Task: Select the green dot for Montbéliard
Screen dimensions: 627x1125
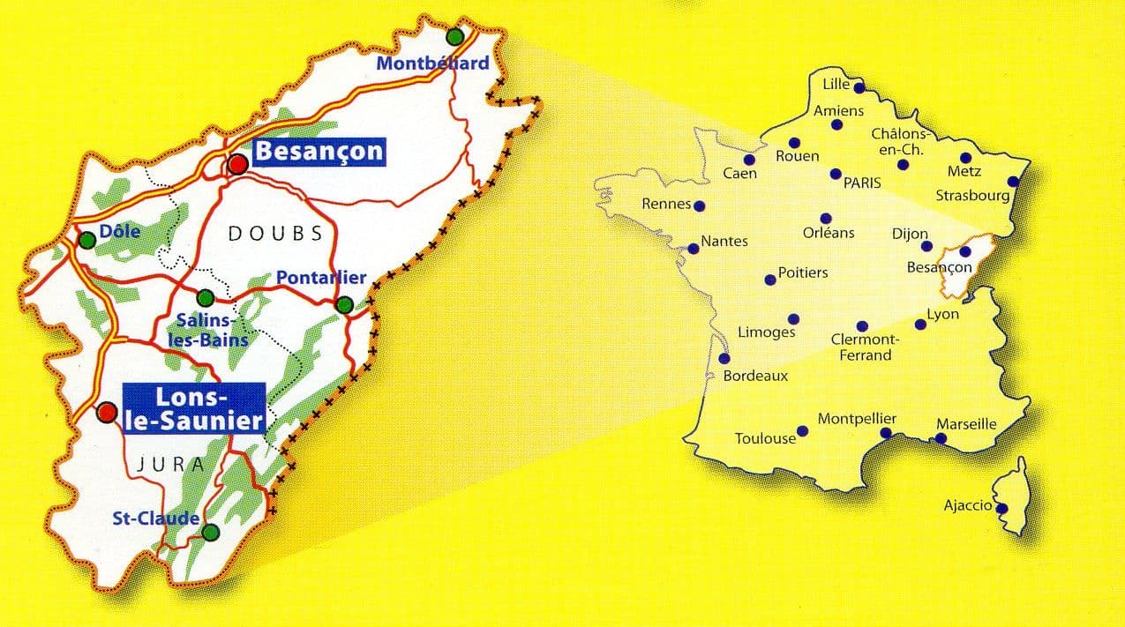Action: tap(454, 36)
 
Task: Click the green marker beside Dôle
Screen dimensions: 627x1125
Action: tap(86, 240)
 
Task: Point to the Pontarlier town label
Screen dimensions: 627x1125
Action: tap(321, 278)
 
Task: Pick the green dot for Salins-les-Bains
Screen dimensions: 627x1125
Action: tap(205, 297)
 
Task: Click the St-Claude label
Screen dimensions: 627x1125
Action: tap(156, 519)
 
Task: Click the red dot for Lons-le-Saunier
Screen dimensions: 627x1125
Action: tap(107, 412)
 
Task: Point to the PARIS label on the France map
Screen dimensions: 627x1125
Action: tap(863, 183)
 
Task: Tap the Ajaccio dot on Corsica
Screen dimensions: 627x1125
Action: tap(1001, 508)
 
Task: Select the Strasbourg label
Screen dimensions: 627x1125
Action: tap(972, 196)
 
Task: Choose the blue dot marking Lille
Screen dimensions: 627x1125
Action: tap(859, 86)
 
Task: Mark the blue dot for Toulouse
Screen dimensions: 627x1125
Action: tap(803, 432)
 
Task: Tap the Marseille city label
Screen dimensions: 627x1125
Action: tap(966, 424)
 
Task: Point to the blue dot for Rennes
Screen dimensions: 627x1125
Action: tap(700, 206)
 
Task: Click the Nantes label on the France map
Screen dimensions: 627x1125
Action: tap(724, 241)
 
